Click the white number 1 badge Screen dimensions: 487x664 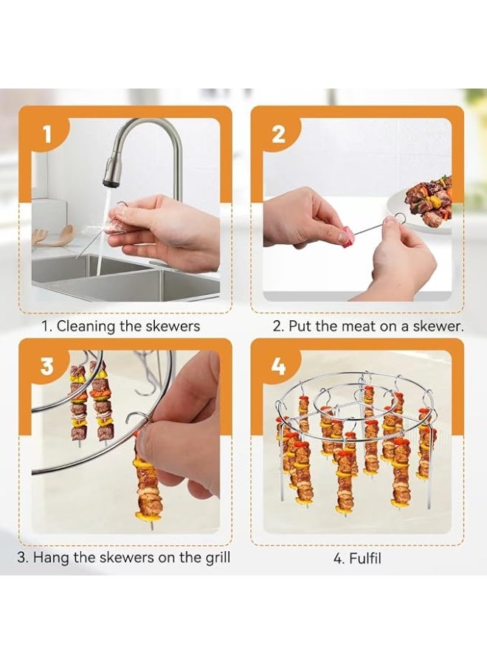click(x=47, y=134)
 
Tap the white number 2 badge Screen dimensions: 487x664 click(x=278, y=134)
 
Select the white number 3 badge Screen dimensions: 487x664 click(x=46, y=367)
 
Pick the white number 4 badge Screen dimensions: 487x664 click(x=279, y=367)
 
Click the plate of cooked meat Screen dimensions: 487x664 click(x=421, y=204)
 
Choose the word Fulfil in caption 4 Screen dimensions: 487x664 click(x=365, y=558)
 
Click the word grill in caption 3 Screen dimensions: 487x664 click(x=218, y=557)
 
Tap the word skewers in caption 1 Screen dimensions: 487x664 click(x=173, y=326)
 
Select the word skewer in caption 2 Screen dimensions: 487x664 click(x=437, y=327)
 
